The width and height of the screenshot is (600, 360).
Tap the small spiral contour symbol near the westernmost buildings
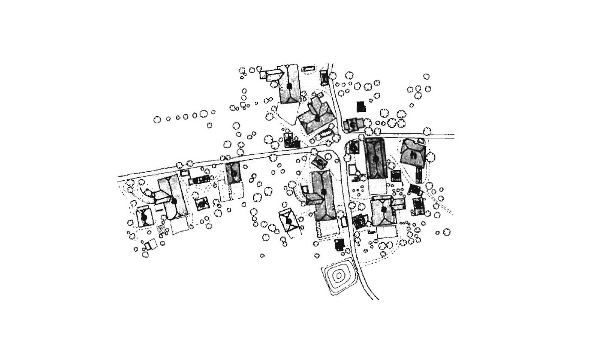[x=161, y=229]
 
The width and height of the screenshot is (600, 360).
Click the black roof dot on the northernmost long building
[x=289, y=86]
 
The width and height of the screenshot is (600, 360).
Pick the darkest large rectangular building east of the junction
[x=375, y=158]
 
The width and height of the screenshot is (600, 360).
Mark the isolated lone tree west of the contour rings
[x=262, y=255]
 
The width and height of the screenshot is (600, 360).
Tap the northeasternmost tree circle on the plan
[x=426, y=76]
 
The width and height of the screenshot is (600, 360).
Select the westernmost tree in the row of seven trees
[x=157, y=120]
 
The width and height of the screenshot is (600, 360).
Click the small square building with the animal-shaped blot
[x=202, y=204]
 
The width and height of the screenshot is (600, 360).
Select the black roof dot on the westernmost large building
[x=174, y=201]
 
